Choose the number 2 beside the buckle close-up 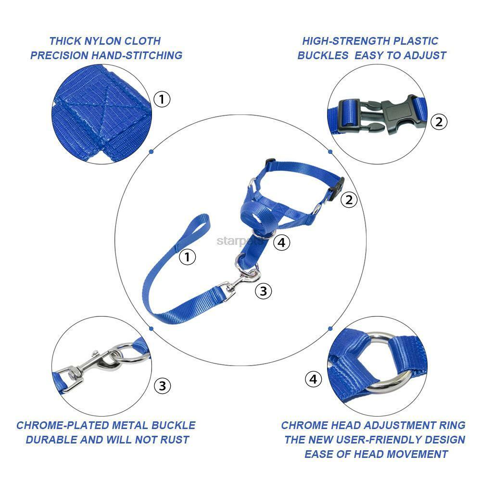(x=438, y=122)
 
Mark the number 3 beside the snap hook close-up (x=162, y=385)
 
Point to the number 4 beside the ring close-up (x=313, y=379)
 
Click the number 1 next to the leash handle (x=187, y=257)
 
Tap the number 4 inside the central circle (x=282, y=242)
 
